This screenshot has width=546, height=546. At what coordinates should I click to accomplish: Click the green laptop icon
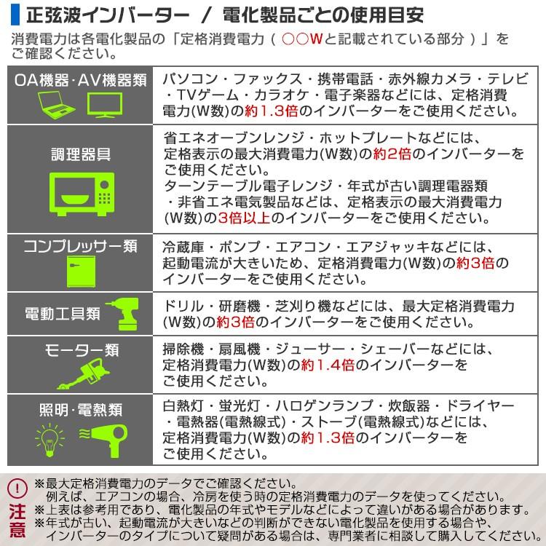(x=55, y=107)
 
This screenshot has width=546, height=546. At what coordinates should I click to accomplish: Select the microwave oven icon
(x=80, y=194)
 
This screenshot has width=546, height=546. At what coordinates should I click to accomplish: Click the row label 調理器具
(x=80, y=154)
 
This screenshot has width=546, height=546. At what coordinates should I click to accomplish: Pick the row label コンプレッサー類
(x=80, y=246)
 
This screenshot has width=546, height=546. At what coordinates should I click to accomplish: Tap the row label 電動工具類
(x=63, y=314)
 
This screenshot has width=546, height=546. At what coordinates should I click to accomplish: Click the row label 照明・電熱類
(x=80, y=409)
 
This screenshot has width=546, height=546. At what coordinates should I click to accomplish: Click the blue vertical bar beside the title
(x=14, y=14)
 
